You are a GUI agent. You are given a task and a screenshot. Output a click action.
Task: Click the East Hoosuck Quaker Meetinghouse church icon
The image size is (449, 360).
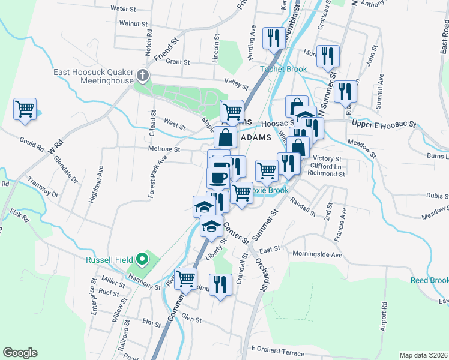tap(142, 76)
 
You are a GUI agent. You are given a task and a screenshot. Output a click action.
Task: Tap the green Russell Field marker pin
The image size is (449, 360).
tap(142, 259)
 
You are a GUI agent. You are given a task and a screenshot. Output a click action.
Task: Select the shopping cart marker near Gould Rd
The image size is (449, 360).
tap(25, 109)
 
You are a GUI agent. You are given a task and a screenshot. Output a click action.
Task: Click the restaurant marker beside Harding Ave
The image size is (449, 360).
tap(274, 38)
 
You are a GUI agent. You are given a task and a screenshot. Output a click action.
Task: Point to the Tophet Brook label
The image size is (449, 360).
tap(283, 69)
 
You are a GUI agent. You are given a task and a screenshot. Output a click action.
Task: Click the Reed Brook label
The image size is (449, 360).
tap(429, 280)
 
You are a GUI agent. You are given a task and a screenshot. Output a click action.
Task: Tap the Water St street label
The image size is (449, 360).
tap(124, 9)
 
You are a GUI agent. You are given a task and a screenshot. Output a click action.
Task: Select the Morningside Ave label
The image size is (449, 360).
tap(317, 254)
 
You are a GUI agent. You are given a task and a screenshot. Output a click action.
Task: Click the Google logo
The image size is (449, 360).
tap(20, 353)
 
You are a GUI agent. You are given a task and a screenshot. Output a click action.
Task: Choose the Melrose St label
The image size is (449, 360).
tap(164, 149)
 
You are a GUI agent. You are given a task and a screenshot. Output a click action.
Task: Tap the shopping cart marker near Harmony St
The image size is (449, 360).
tap(186, 278)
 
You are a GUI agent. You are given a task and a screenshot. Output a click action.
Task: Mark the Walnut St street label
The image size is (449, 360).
tap(133, 23)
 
